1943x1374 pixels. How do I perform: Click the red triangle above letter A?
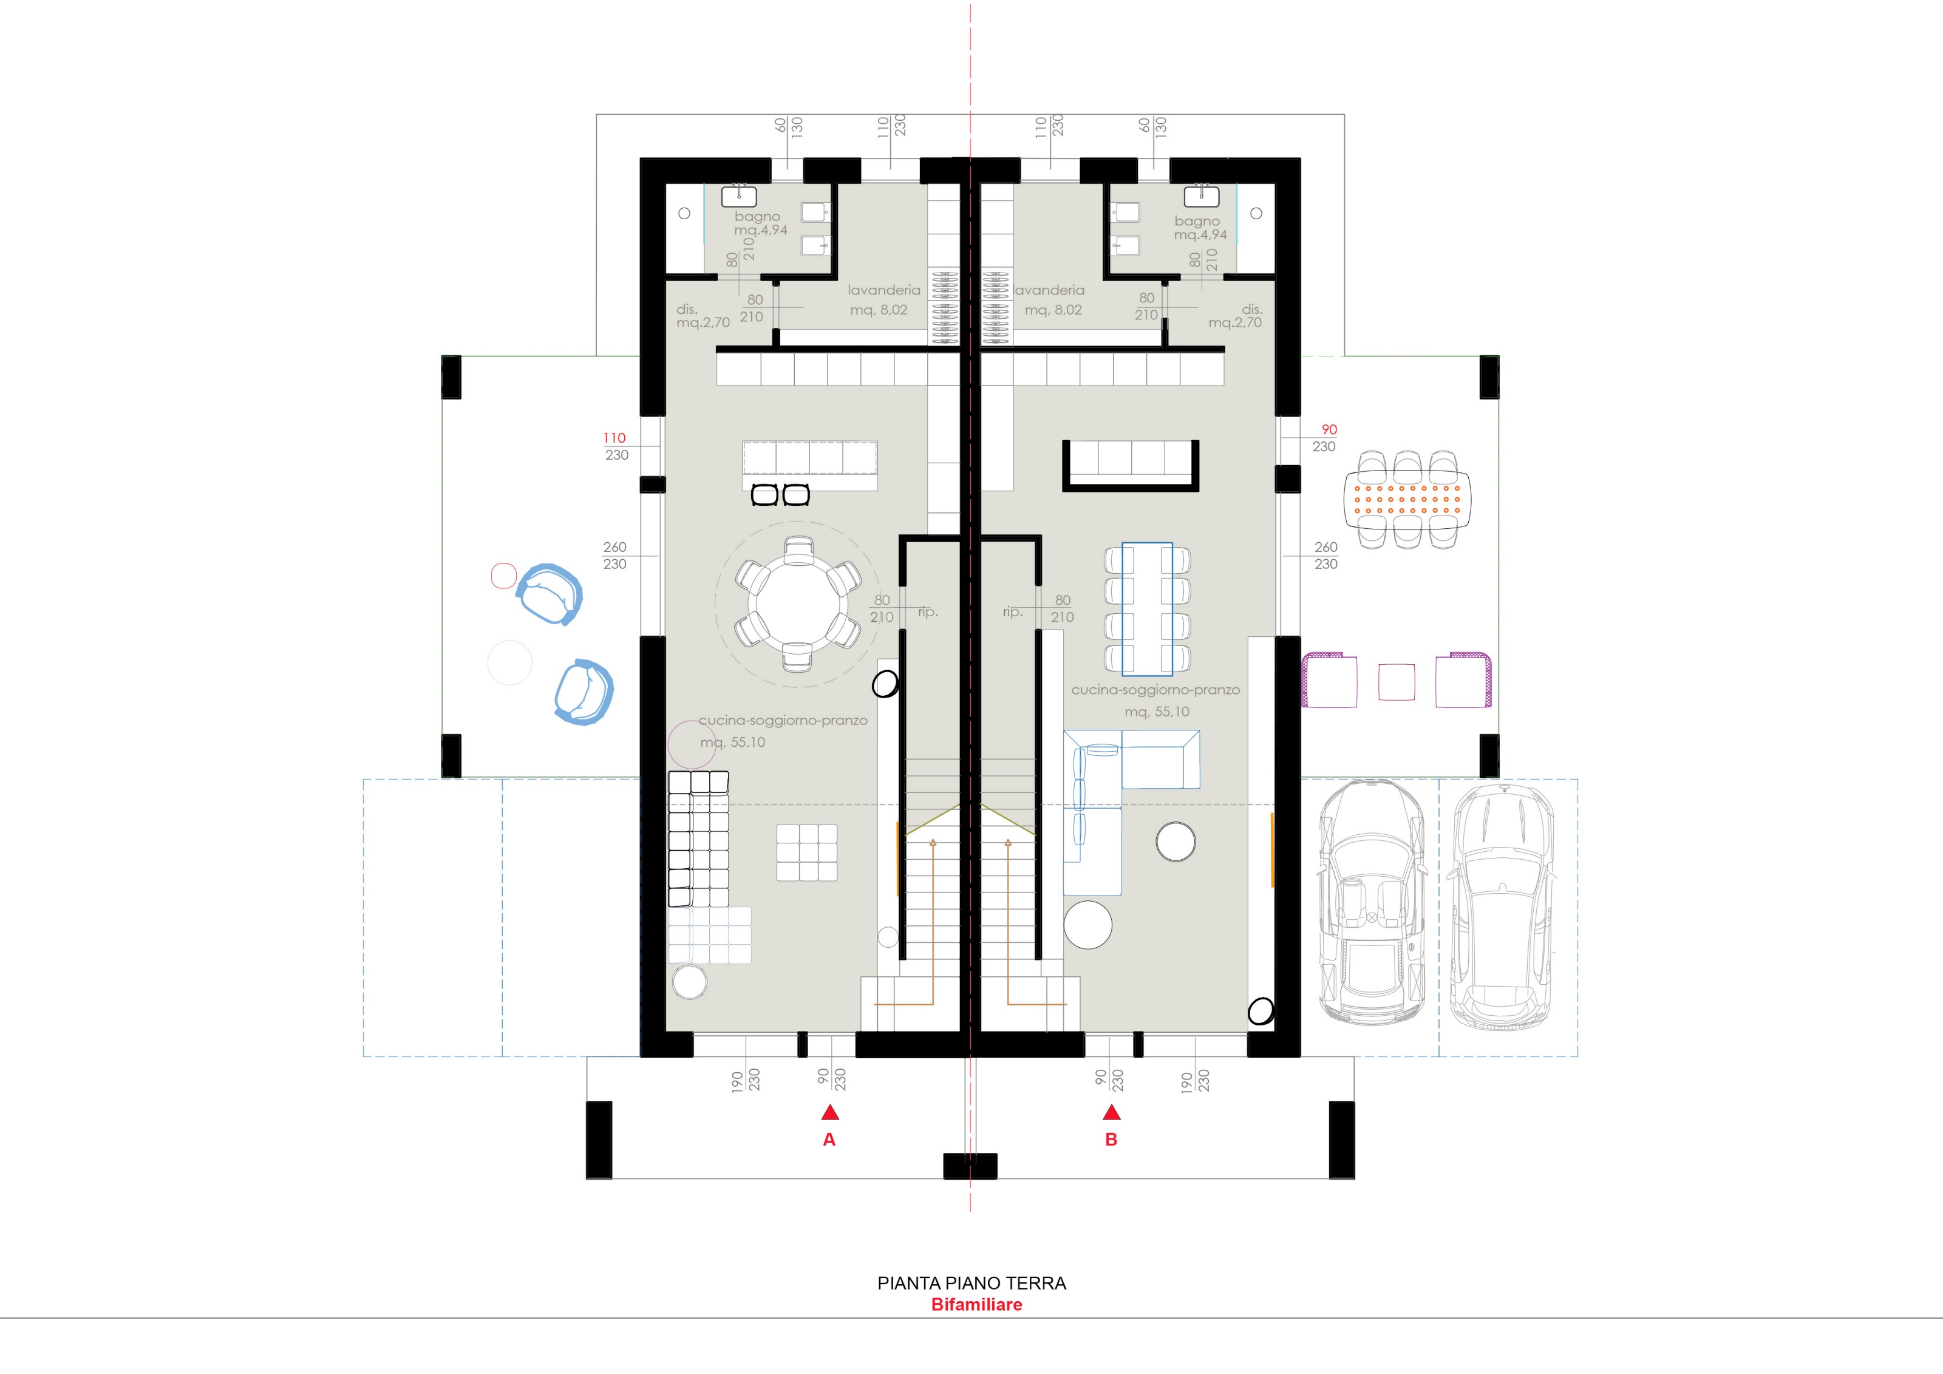click(x=829, y=1112)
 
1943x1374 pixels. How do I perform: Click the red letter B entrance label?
click(x=1111, y=1140)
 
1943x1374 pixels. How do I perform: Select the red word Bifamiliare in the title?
click(x=976, y=1305)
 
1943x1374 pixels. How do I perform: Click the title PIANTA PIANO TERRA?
click(x=971, y=1283)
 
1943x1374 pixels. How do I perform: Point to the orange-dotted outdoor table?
click(x=1407, y=499)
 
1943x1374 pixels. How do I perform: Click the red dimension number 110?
click(x=614, y=437)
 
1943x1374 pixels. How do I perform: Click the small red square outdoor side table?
click(x=1397, y=682)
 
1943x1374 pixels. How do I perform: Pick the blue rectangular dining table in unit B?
click(x=1148, y=609)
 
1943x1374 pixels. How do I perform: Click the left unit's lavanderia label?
click(x=883, y=290)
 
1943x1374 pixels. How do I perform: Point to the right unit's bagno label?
click(x=1197, y=221)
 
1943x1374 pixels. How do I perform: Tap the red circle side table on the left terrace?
click(x=503, y=576)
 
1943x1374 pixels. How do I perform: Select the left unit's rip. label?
click(x=928, y=611)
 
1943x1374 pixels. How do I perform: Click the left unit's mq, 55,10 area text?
click(x=732, y=742)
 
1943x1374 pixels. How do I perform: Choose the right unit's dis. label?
click(x=1251, y=309)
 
